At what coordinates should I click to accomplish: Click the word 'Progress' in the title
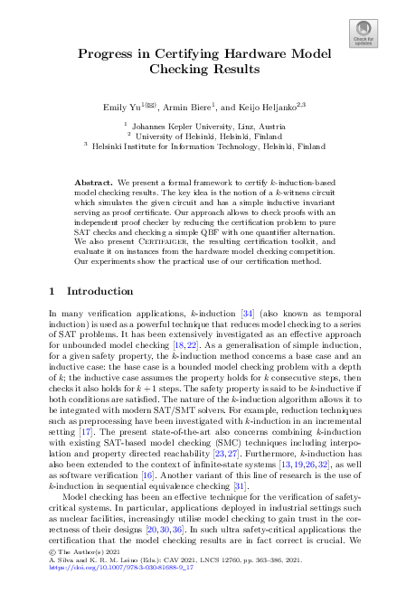click(x=108, y=54)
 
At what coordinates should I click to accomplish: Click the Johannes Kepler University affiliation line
click(x=198, y=127)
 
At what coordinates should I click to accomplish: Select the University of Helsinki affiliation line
click(x=198, y=135)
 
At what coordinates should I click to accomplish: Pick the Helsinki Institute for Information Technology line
click(x=198, y=144)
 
